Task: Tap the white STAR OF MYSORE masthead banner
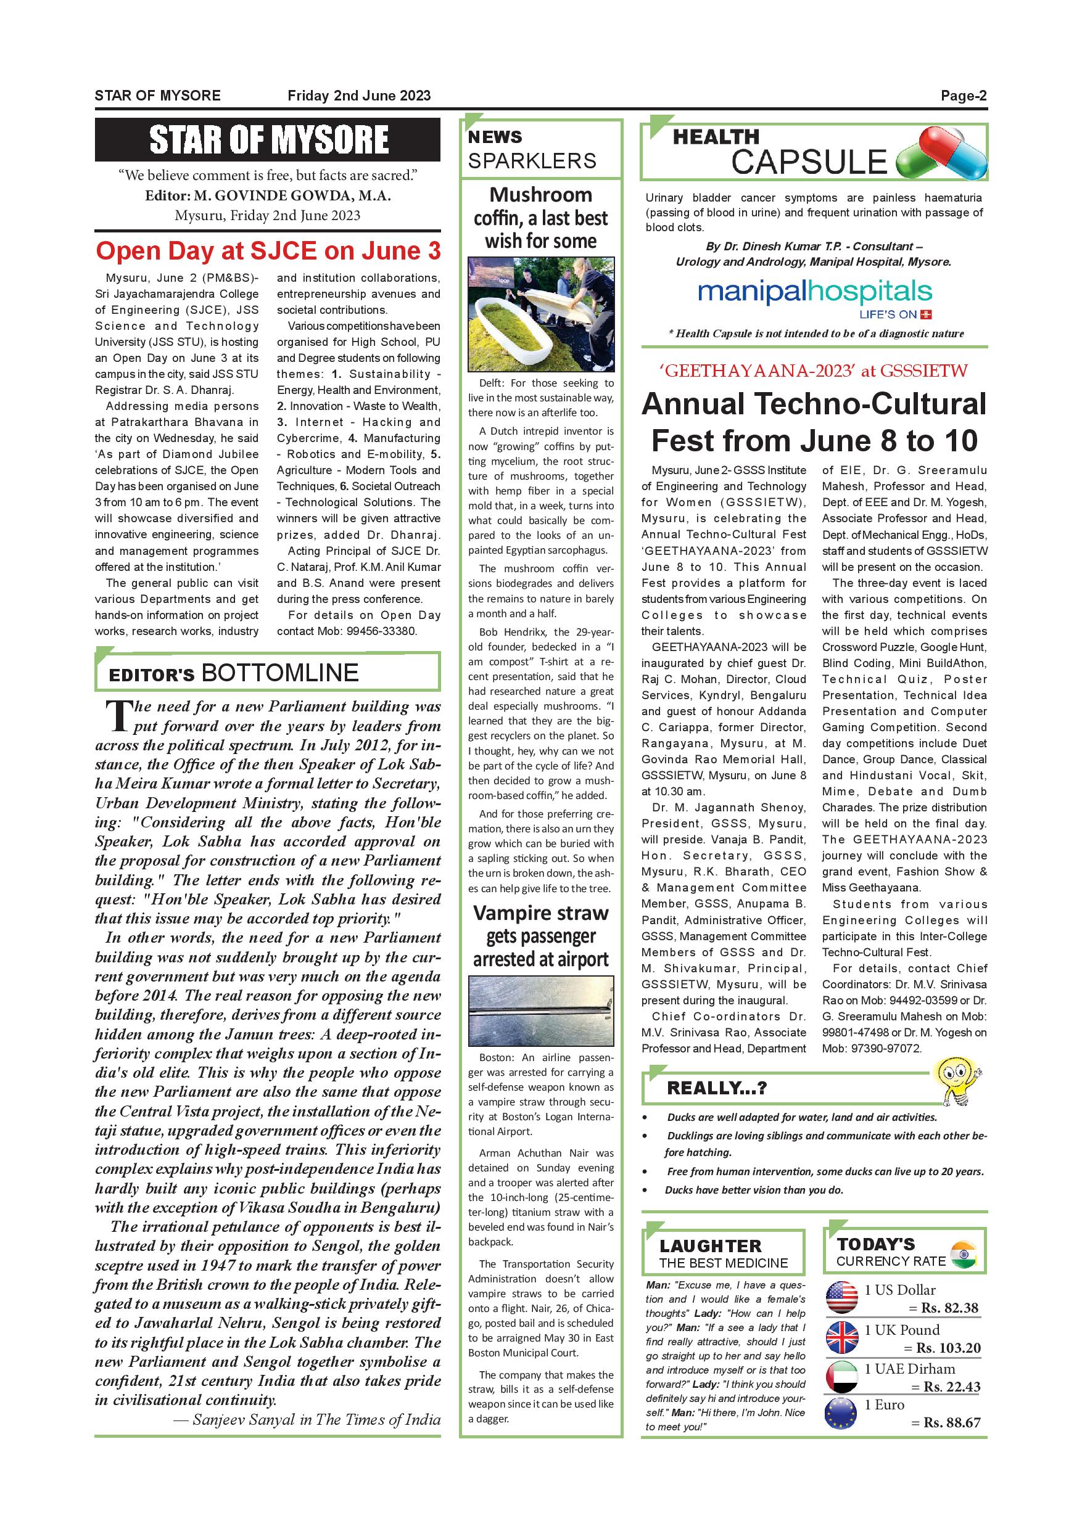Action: click(x=268, y=140)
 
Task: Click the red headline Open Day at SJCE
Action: click(x=268, y=251)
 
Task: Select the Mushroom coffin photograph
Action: click(x=540, y=314)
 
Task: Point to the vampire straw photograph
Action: click(x=540, y=1012)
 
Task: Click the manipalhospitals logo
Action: click(x=815, y=293)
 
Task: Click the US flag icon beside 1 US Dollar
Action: click(x=842, y=1298)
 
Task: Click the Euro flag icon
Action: click(x=842, y=1413)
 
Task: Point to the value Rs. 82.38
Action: click(x=950, y=1308)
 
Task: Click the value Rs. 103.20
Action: click(x=949, y=1348)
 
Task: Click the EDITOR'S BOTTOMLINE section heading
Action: click(x=234, y=673)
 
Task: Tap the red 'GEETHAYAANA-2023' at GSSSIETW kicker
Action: click(x=815, y=371)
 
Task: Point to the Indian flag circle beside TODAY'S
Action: click(x=963, y=1254)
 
